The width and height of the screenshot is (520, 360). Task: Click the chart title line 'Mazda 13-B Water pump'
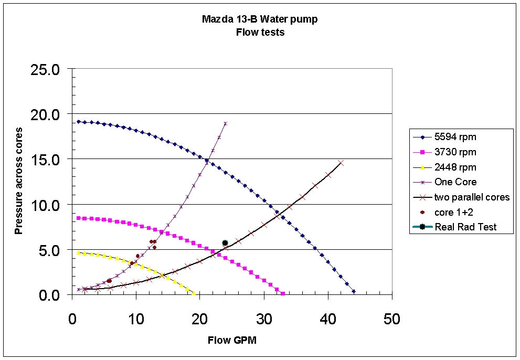[260, 19]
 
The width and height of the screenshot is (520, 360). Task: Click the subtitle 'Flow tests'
[260, 31]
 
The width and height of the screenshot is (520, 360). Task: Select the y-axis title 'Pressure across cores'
[19, 181]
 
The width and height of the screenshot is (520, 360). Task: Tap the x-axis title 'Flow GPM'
[232, 340]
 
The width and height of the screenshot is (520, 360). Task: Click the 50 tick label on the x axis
[391, 318]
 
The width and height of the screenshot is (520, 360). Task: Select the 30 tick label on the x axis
[264, 318]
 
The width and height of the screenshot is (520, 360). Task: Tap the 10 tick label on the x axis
[136, 318]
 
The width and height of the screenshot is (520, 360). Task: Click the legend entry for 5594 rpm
[455, 137]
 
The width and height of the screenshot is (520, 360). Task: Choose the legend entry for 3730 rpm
[455, 152]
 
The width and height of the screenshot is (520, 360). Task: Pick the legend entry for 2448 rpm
[455, 167]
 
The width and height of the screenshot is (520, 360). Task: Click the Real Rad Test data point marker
[225, 243]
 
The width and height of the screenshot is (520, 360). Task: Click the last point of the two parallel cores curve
[341, 163]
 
